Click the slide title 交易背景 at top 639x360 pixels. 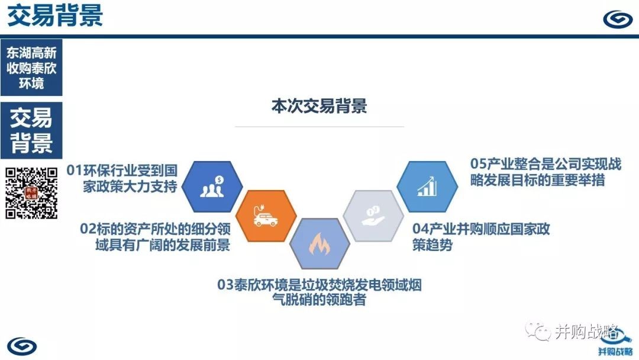(55, 15)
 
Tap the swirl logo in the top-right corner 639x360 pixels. (617, 18)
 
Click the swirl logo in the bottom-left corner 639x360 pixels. (22, 346)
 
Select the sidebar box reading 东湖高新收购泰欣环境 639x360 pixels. (31, 67)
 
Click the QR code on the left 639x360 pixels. (31, 193)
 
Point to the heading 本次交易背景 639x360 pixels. (319, 105)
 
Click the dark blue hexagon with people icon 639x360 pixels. (212, 187)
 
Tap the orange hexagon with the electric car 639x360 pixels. (266, 216)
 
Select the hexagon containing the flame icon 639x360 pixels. (320, 244)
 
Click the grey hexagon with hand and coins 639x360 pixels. (373, 216)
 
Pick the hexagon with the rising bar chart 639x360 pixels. (427, 187)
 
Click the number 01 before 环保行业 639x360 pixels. (75, 170)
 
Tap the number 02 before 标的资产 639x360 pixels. (88, 229)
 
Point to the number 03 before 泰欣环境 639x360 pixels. (225, 285)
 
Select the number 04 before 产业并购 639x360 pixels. (420, 229)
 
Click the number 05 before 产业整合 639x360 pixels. (479, 163)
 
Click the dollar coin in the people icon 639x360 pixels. (220, 180)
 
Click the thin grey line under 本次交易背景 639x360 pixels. (319, 127)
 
